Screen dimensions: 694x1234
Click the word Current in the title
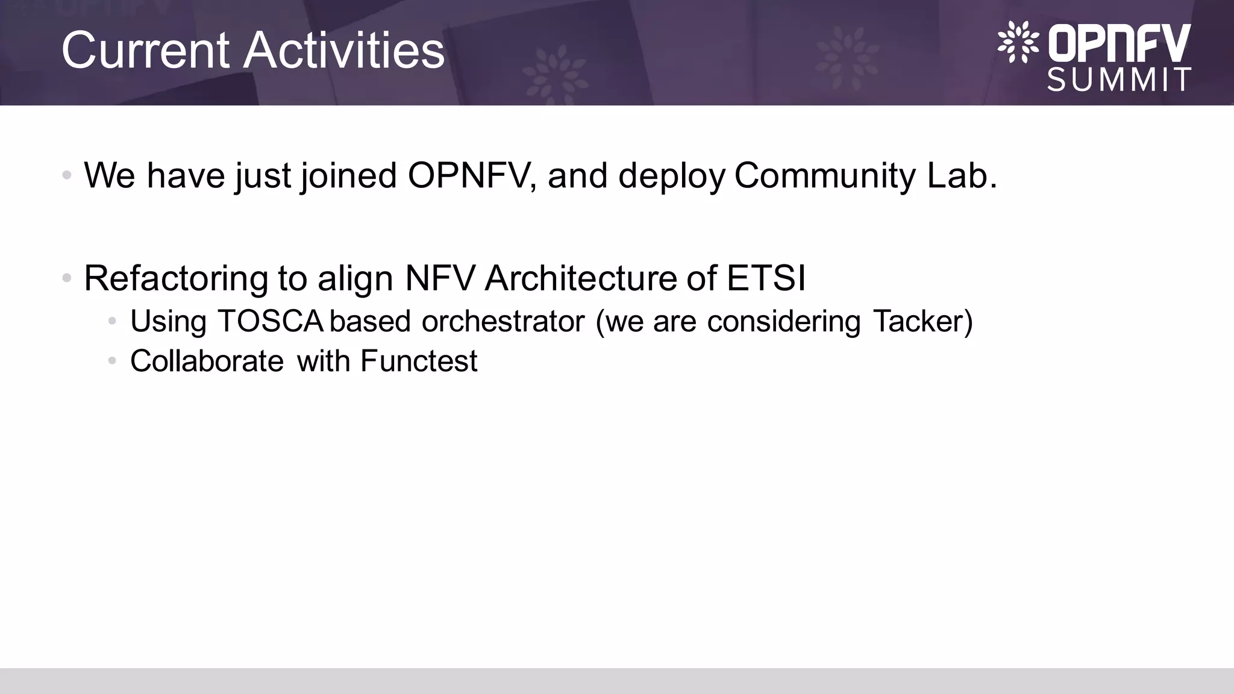[x=145, y=51]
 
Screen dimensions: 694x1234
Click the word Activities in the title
[x=343, y=51]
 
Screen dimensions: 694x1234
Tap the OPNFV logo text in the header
[x=1120, y=43]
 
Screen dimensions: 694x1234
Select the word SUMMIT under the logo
[x=1120, y=80]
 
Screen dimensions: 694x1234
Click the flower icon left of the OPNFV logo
[x=1018, y=42]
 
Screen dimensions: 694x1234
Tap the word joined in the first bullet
[x=349, y=175]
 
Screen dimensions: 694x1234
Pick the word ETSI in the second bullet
[x=766, y=278]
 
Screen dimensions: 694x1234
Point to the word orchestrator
[x=503, y=321]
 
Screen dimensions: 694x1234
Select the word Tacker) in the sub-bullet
[x=922, y=321]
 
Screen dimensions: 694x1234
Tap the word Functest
[x=419, y=361]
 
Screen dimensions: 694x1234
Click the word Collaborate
[x=207, y=361]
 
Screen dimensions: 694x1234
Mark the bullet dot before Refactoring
[x=67, y=278]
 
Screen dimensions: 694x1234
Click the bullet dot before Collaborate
[x=112, y=361]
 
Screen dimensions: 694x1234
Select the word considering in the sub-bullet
[x=784, y=321]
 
